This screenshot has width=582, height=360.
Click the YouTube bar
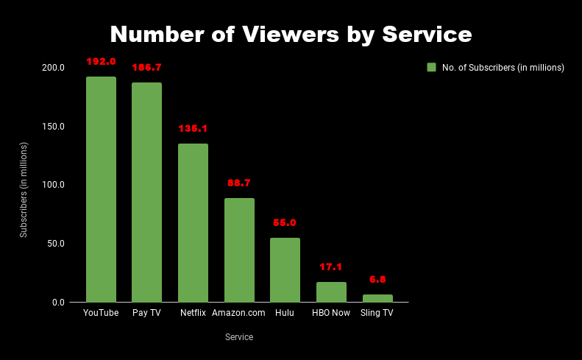coord(101,189)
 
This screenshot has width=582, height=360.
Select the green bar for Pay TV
coord(146,192)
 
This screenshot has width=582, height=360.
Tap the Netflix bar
coord(193,222)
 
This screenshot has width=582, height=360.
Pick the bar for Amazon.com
coord(239,250)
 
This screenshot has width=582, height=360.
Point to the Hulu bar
coord(285,269)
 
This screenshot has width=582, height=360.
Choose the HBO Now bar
coord(331,292)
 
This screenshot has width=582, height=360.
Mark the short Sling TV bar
coord(377,298)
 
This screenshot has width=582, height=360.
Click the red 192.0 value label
coord(101,61)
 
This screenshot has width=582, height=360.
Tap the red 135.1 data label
coord(193,128)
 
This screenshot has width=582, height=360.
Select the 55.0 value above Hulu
coord(285,222)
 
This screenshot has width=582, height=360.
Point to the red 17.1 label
coord(331,267)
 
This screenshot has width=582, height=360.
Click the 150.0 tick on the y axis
coord(54,127)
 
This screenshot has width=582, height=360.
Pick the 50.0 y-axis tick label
coord(56,244)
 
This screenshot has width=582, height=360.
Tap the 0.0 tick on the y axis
coord(58,303)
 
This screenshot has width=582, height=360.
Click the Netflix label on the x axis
coord(193,313)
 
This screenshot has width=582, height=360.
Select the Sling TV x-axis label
coord(377,313)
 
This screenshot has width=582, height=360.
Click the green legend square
coord(432,67)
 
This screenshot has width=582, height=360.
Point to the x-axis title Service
coord(239,337)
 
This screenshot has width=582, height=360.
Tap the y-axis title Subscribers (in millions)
coord(24,190)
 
